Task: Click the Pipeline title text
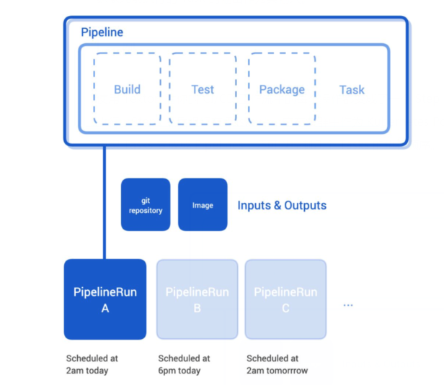pos(102,32)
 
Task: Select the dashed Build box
pos(127,90)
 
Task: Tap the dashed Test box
pos(203,90)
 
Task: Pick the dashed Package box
pos(282,90)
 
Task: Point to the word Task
pos(352,90)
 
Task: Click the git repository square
pos(146,205)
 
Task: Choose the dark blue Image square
pos(203,205)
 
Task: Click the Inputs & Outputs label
pos(282,206)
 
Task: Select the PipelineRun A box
pos(105,299)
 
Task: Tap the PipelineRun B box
pos(197,299)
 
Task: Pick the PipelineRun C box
pos(285,299)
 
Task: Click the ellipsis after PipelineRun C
pos(348,305)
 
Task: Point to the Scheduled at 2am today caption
pos(92,363)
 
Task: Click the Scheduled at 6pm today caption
pos(184,363)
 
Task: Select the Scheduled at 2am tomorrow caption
pos(277,363)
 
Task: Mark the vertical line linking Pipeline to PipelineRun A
pos(105,201)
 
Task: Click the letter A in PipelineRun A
pos(105,308)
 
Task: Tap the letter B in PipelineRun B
pos(197,308)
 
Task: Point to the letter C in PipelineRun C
pos(285,308)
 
